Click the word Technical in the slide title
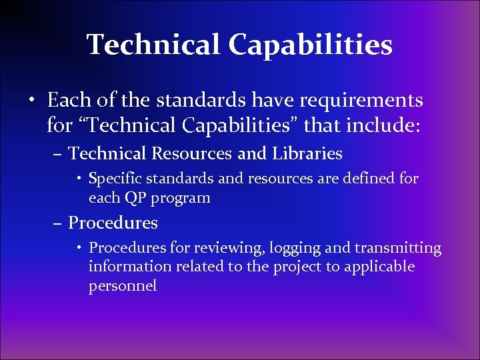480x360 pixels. click(153, 45)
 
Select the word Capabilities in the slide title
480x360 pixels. click(310, 45)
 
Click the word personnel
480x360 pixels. click(122, 286)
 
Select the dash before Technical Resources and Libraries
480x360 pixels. click(58, 155)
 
